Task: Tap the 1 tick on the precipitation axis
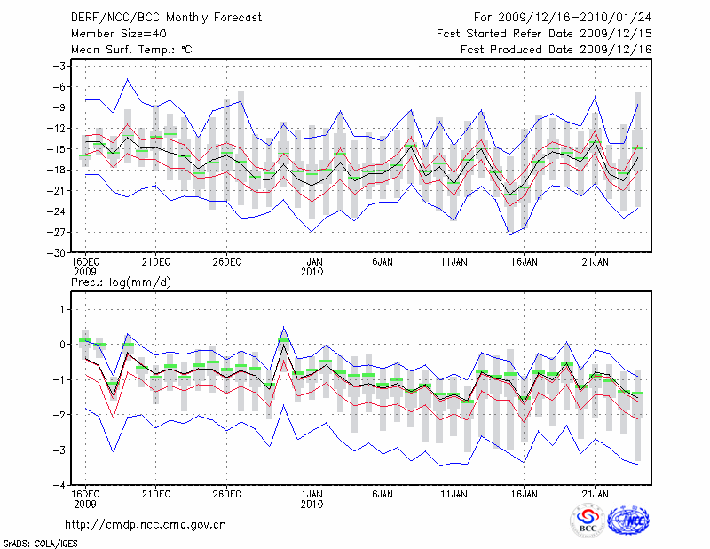63,309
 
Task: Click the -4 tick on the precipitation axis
59,486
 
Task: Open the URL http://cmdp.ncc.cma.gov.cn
146,524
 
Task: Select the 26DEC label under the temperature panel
227,262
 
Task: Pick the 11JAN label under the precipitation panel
454,493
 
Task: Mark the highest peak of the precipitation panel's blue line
284,327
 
